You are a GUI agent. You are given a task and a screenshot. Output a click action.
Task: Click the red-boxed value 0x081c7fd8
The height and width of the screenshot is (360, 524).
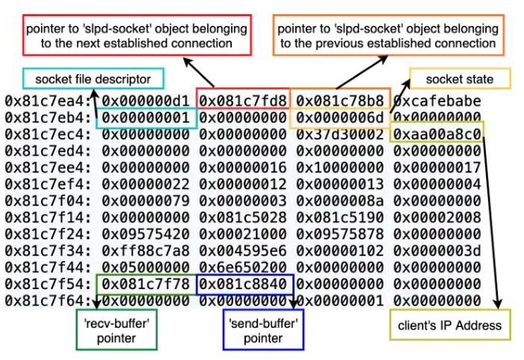(x=242, y=99)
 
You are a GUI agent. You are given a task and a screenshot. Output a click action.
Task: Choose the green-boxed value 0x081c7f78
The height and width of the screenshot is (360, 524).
(x=146, y=285)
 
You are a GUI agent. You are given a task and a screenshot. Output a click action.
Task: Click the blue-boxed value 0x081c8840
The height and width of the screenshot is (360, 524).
(x=242, y=285)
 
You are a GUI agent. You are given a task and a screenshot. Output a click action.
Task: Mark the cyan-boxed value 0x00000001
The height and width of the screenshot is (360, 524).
(x=146, y=117)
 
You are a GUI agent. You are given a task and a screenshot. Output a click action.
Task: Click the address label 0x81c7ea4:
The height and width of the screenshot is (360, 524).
(x=49, y=99)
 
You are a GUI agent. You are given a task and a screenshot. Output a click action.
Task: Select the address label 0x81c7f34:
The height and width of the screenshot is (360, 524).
(x=49, y=251)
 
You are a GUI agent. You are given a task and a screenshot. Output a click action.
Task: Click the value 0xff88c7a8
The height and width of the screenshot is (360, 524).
(x=146, y=251)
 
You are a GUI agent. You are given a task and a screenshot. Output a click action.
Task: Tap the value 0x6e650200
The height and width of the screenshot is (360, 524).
(x=242, y=268)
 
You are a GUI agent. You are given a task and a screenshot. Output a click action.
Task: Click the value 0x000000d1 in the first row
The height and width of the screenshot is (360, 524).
(x=146, y=99)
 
